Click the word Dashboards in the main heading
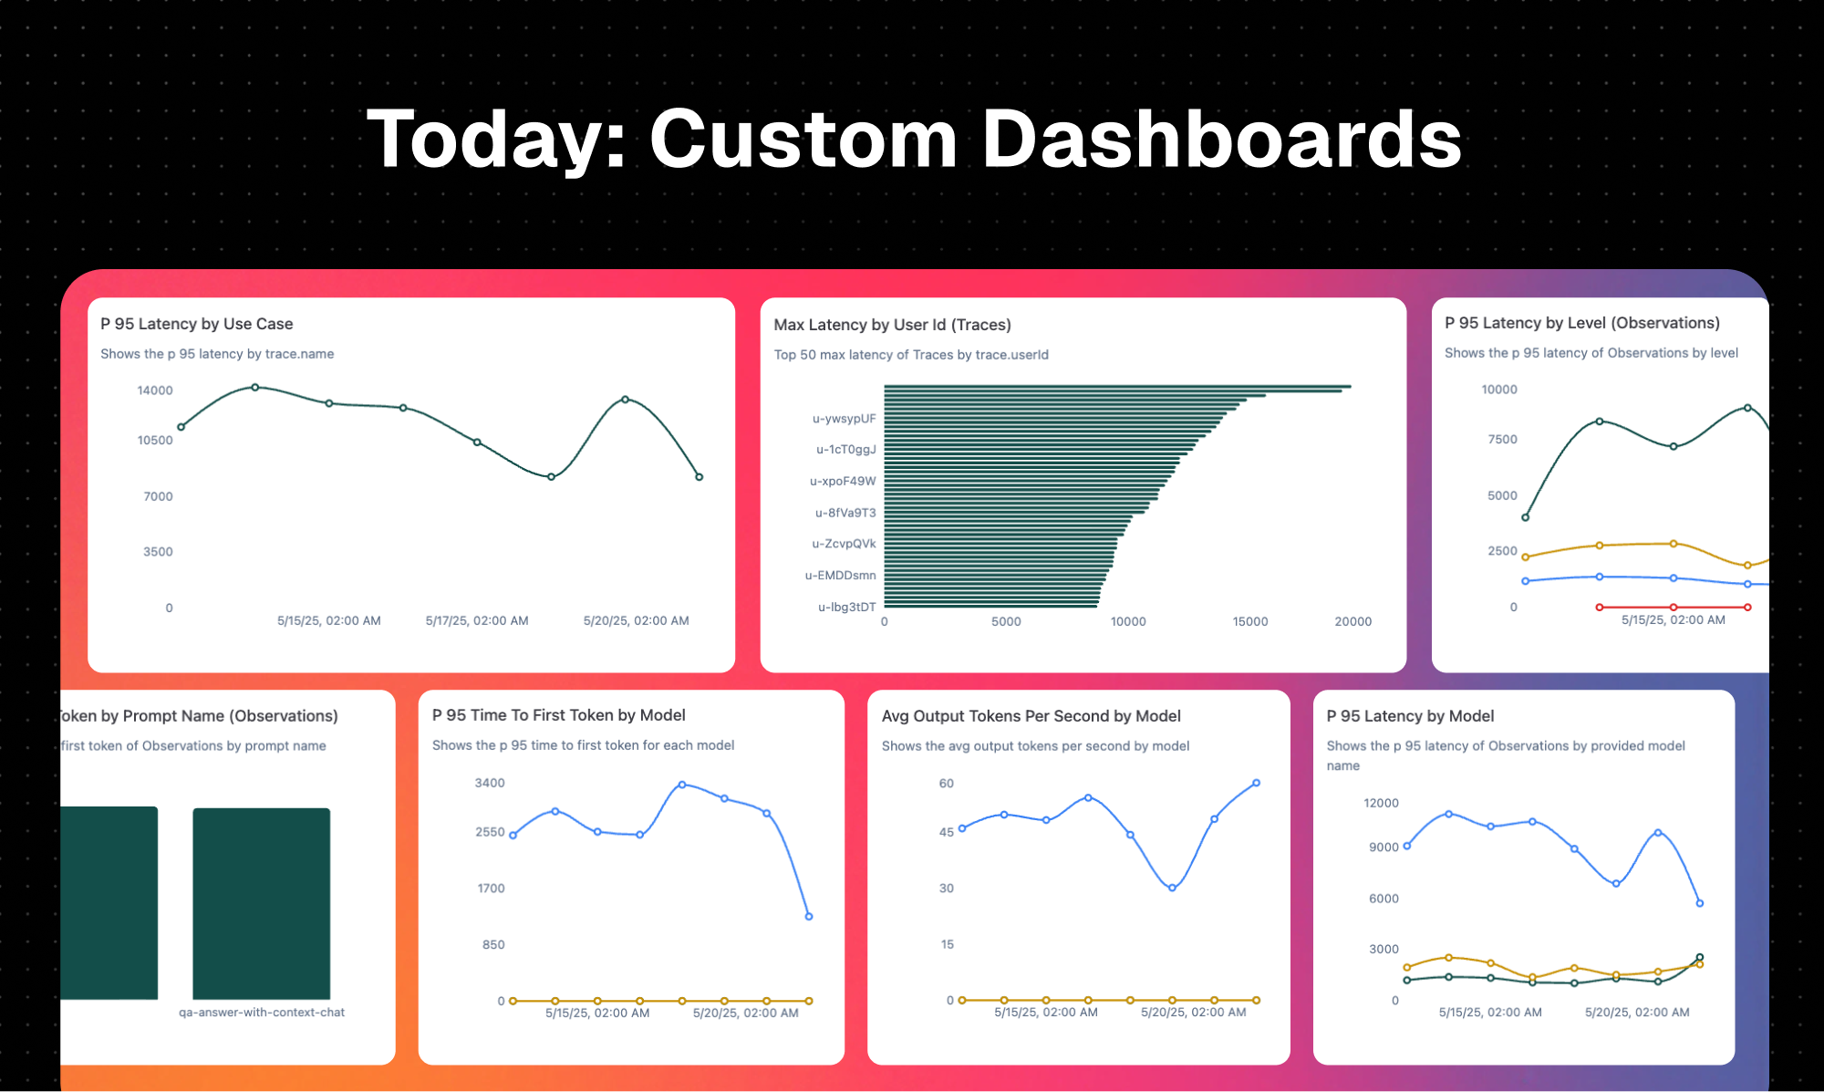1221,140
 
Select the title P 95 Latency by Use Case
196,324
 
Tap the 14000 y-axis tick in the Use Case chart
154,390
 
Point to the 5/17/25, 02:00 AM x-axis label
477,620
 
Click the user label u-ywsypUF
844,419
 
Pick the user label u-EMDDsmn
840,576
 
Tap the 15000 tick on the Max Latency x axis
1249,621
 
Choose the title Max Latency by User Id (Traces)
892,325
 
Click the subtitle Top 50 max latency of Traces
910,355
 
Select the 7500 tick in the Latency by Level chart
1502,439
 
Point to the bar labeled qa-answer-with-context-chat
262,903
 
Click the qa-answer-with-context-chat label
262,1013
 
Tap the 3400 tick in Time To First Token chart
490,783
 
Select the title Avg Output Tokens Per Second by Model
1031,716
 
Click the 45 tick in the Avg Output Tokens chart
947,832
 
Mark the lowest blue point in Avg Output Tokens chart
1172,888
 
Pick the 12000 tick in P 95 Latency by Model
1381,803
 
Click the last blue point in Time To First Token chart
809,917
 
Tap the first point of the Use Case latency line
181,427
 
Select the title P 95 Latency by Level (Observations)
1581,323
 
